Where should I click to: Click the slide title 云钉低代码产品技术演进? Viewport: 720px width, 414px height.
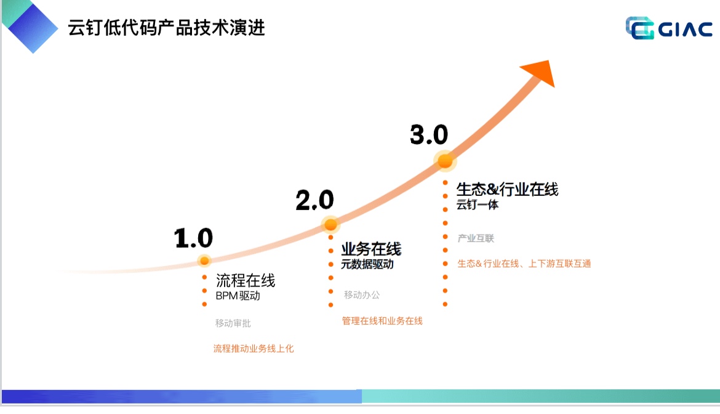click(167, 28)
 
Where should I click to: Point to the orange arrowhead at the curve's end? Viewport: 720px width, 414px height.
click(540, 73)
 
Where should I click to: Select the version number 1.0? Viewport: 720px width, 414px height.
click(193, 238)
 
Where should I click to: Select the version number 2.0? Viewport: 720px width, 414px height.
click(314, 200)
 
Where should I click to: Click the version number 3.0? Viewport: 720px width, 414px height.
click(429, 135)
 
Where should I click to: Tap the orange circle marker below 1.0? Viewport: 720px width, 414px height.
click(204, 261)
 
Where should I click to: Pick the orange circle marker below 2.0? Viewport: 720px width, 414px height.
click(330, 224)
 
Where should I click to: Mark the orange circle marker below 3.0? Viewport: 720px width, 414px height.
click(445, 161)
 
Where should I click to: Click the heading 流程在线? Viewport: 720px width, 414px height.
click(246, 281)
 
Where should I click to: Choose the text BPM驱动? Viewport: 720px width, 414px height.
click(238, 296)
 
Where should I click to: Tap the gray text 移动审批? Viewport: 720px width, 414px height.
click(233, 323)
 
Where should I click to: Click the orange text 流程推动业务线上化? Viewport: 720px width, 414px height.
click(254, 349)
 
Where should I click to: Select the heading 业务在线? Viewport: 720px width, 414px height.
click(371, 250)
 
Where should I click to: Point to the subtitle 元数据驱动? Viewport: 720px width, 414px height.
click(367, 264)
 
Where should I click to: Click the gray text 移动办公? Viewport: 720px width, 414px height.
click(362, 295)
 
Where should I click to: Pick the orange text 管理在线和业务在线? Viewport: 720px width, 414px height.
click(382, 321)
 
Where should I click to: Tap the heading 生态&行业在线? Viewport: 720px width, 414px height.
click(507, 189)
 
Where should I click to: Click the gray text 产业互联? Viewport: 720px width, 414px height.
click(476, 238)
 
